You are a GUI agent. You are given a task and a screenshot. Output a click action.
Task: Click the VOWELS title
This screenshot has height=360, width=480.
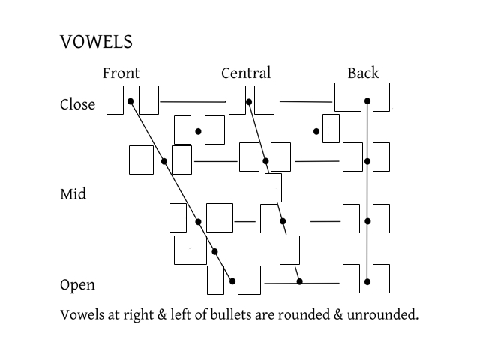pyautogui.click(x=96, y=43)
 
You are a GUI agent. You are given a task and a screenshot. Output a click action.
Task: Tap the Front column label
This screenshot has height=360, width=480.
pyautogui.click(x=121, y=73)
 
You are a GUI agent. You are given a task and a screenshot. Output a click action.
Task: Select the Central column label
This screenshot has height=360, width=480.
pyautogui.click(x=245, y=73)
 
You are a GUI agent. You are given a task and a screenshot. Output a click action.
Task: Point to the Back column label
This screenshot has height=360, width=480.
pyautogui.click(x=363, y=73)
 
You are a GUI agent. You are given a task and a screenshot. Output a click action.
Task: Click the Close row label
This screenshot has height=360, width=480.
pyautogui.click(x=77, y=104)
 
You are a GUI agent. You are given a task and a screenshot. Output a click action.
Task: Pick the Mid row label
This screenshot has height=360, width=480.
pyautogui.click(x=73, y=194)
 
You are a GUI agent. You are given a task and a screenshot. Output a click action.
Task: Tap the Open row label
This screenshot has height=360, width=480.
pyautogui.click(x=77, y=285)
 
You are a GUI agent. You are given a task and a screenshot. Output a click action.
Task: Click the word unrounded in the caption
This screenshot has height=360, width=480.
pyautogui.click(x=383, y=314)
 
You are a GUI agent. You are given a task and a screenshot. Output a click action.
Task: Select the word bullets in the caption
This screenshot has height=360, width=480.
pyautogui.click(x=227, y=314)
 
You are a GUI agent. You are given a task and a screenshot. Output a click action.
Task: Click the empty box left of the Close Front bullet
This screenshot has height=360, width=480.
pyautogui.click(x=115, y=100)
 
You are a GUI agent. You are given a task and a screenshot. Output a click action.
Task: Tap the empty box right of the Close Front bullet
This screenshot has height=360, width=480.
pyautogui.click(x=148, y=100)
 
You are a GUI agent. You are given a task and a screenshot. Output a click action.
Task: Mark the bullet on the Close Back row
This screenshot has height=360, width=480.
pyautogui.click(x=367, y=100)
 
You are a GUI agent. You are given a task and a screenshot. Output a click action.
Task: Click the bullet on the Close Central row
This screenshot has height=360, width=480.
pyautogui.click(x=248, y=100)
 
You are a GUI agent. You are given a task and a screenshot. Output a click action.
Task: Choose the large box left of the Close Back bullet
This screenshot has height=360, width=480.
pyautogui.click(x=347, y=97)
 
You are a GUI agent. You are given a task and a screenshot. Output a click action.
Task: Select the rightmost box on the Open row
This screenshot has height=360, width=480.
pyautogui.click(x=381, y=278)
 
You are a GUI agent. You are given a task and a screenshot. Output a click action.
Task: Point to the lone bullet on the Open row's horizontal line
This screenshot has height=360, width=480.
pyautogui.click(x=299, y=282)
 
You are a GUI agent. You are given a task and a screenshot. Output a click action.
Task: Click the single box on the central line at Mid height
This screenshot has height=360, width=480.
pyautogui.click(x=273, y=187)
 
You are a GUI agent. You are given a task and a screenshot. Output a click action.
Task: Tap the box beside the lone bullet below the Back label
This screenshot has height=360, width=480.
pyautogui.click(x=331, y=128)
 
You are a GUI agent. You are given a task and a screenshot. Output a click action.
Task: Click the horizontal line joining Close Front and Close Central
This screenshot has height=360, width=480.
pyautogui.click(x=193, y=100)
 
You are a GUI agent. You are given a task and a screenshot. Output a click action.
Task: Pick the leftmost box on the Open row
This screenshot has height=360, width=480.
pyautogui.click(x=215, y=280)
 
